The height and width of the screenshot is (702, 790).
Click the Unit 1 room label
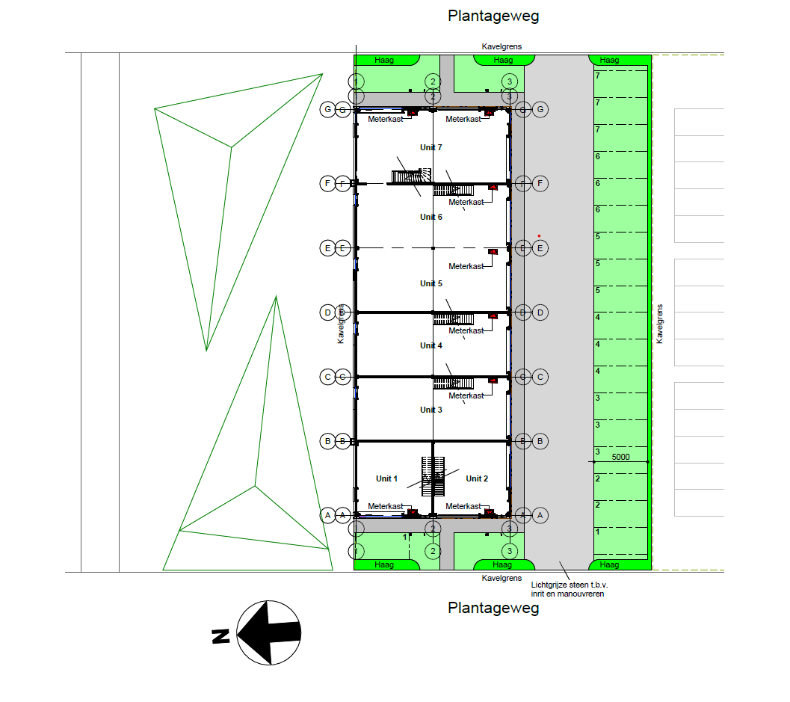point(386,478)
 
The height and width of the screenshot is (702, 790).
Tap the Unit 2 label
point(477,478)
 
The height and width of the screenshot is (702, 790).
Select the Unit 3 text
point(431,410)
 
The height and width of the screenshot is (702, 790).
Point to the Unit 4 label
point(431,345)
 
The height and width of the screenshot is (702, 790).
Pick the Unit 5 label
point(431,283)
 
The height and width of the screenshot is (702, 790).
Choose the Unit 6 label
point(431,217)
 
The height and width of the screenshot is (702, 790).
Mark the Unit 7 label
point(431,147)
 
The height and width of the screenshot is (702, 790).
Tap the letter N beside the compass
point(220,636)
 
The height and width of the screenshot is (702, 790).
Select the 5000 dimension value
point(621,456)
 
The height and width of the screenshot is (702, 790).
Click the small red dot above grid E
point(539,236)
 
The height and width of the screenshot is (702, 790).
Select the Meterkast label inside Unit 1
point(385,506)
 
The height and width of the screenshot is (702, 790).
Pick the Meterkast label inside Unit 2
point(463,506)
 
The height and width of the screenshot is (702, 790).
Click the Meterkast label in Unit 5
point(466,266)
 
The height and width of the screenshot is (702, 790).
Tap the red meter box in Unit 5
point(493,252)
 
